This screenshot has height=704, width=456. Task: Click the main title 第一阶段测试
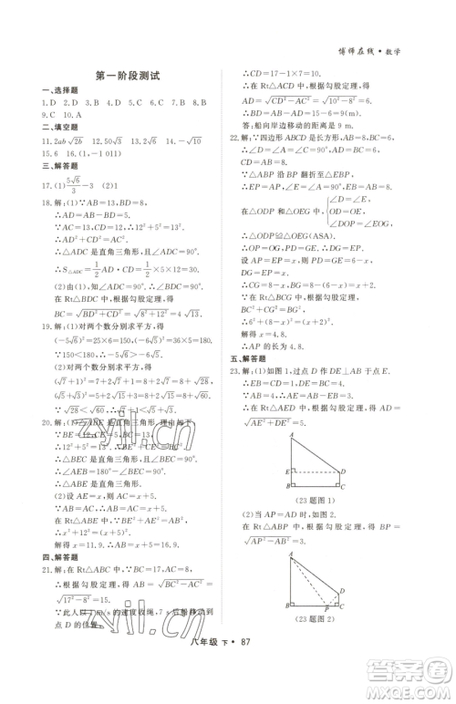[128, 78]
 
